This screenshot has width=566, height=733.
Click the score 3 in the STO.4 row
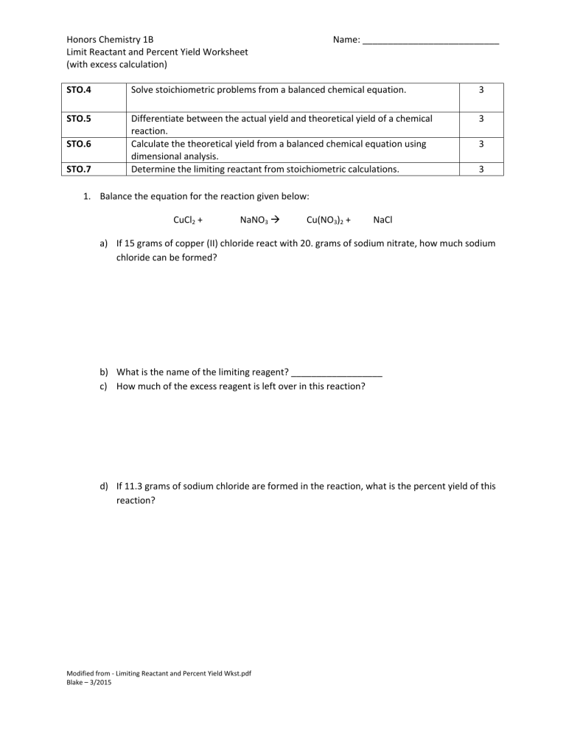point(481,91)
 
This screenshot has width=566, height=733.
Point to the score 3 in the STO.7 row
point(481,170)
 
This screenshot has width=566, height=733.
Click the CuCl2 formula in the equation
point(184,220)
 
